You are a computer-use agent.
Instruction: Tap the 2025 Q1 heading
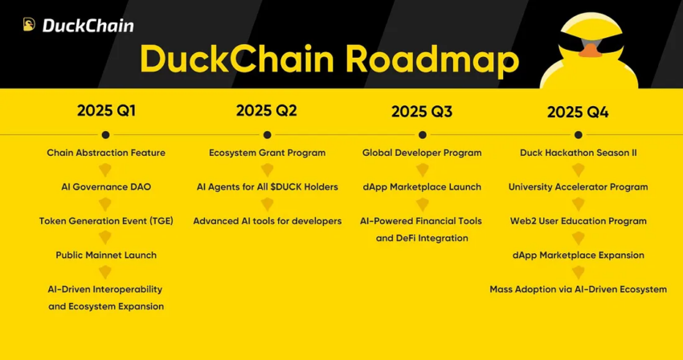click(x=106, y=111)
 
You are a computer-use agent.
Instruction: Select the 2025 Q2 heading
click(x=266, y=111)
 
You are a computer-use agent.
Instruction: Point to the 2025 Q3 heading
click(x=422, y=112)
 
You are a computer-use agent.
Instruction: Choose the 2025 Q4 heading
click(x=578, y=112)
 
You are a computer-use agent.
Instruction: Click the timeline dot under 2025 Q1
click(x=106, y=134)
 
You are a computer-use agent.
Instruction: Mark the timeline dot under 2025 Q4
click(x=578, y=134)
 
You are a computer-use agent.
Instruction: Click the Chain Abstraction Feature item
click(x=106, y=153)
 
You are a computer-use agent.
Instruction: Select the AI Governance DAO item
click(x=106, y=186)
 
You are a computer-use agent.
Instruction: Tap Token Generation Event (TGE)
click(x=106, y=221)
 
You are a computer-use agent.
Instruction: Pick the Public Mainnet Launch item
click(x=106, y=255)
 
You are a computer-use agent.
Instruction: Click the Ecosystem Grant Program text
click(x=267, y=153)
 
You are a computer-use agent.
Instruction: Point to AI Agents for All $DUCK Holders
click(x=267, y=186)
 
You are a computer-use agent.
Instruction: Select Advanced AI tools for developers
click(x=267, y=221)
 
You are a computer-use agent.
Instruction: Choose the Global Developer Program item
click(x=422, y=153)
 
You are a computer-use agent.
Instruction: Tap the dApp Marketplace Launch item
click(x=422, y=186)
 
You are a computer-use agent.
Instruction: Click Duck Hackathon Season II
click(x=578, y=153)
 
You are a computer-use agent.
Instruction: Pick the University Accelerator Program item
click(x=578, y=186)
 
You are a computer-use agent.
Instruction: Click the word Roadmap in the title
click(x=432, y=60)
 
